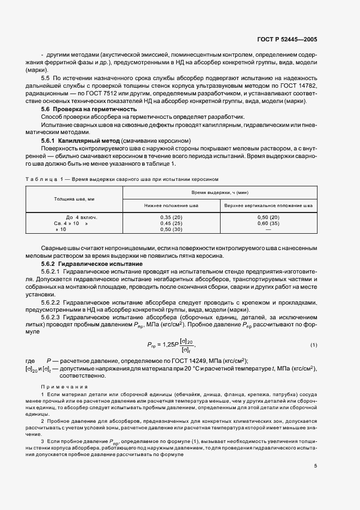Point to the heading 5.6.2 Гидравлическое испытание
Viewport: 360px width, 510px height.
[x=88, y=264]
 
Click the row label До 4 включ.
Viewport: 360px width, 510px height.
[x=74, y=217]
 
